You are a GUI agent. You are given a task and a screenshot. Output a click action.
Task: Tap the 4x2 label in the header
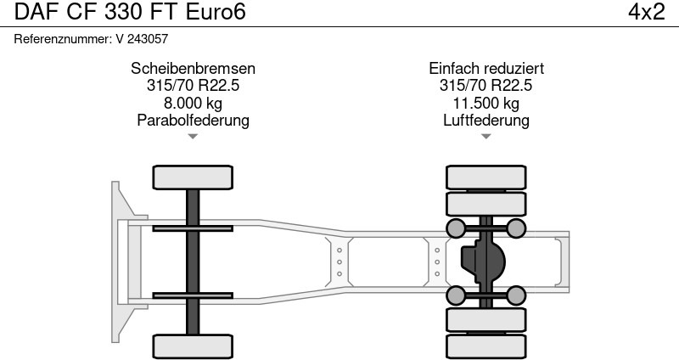[646, 13]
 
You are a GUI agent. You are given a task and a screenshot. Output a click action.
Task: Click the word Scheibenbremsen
[193, 69]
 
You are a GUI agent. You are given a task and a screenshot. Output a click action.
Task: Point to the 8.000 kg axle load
[193, 103]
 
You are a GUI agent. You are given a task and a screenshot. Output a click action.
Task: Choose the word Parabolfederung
[193, 120]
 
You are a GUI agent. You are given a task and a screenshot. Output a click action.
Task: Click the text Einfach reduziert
[486, 69]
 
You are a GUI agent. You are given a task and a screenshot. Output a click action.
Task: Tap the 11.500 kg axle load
[486, 103]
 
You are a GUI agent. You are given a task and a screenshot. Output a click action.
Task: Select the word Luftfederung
[486, 120]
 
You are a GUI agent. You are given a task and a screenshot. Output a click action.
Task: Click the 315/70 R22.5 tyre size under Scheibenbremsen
[193, 86]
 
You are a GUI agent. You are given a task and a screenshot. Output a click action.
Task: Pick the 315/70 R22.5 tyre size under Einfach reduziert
[486, 86]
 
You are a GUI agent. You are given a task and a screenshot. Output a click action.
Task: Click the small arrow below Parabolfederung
[193, 136]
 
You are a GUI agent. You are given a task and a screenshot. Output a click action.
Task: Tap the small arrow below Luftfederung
[486, 136]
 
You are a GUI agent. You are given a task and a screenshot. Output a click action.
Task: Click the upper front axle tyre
[193, 177]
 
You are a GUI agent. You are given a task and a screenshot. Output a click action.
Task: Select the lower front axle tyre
[193, 346]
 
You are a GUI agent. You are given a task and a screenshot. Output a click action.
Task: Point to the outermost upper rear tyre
[486, 177]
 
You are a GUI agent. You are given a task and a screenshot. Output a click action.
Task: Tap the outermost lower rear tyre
[486, 346]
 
